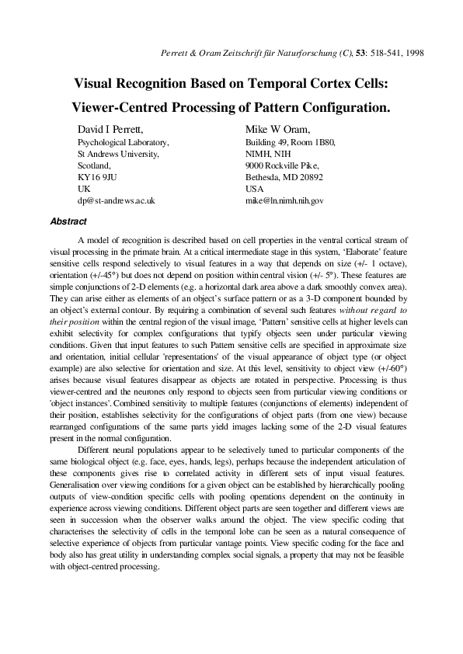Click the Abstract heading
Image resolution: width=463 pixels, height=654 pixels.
coord(68,221)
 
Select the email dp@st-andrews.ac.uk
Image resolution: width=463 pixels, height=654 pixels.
coord(117,200)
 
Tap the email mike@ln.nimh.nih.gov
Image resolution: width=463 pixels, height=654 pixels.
coord(284,200)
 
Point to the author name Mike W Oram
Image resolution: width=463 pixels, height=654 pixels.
coord(278,129)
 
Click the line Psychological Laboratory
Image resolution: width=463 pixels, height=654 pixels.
coord(123,143)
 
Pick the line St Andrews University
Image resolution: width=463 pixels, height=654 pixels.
coord(118,154)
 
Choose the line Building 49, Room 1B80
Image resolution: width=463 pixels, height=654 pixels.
coord(290,143)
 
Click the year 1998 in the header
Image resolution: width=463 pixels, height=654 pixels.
coord(413,53)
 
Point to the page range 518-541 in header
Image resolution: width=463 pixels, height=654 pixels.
coord(379,53)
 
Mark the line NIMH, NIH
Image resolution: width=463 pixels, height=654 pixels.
coord(266,154)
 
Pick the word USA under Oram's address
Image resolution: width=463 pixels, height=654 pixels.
coord(254,188)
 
